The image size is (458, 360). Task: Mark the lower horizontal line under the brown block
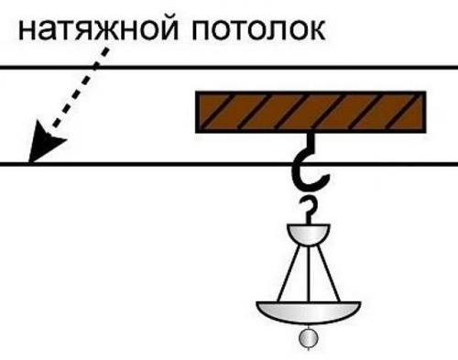coord(137,165)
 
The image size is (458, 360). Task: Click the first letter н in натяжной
coord(28,32)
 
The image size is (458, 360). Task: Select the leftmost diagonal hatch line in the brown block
coord(213,111)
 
